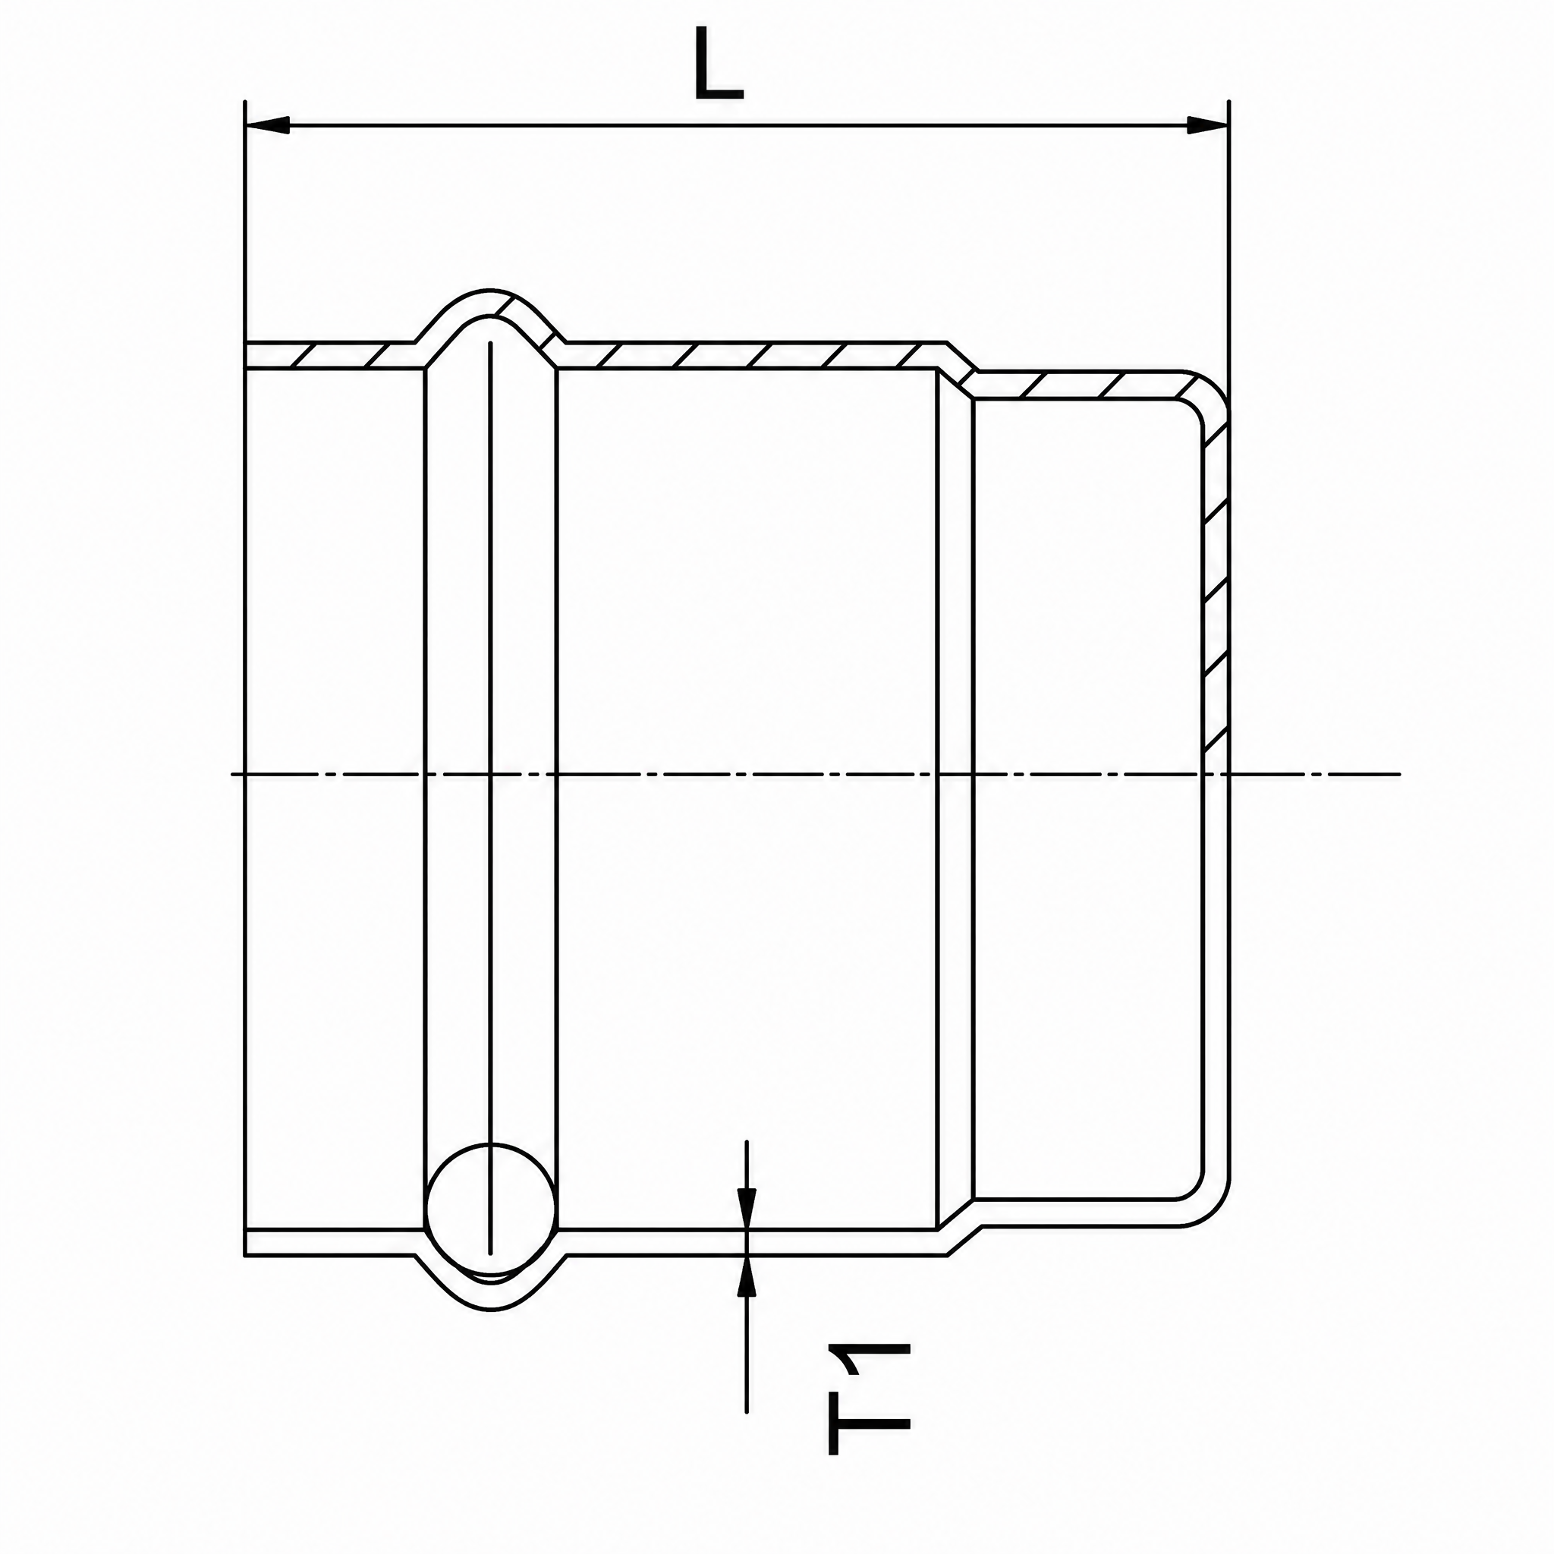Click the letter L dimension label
(x=719, y=64)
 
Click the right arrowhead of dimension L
(x=1207, y=125)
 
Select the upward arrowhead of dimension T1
(x=747, y=1279)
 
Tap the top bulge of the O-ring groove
(x=491, y=303)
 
